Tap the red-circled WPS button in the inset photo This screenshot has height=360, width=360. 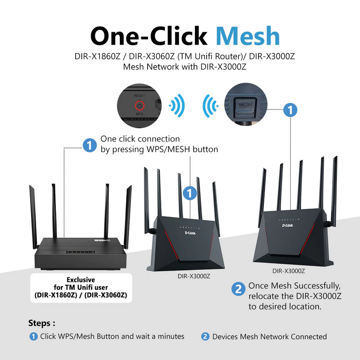point(139,105)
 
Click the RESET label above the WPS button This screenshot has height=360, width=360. point(139,95)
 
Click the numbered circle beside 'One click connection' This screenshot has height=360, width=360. point(90,145)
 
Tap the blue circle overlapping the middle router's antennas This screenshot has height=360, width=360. point(190,193)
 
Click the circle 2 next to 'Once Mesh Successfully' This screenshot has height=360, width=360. point(239,289)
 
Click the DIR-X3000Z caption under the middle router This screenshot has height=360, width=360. point(194,276)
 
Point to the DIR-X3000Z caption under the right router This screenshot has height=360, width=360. point(289,271)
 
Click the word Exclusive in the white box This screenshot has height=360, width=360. point(81,280)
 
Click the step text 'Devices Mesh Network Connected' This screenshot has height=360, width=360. point(269,337)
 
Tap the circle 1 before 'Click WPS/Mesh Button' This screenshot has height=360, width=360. point(34,337)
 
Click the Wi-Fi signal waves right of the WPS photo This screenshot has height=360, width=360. point(178,105)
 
